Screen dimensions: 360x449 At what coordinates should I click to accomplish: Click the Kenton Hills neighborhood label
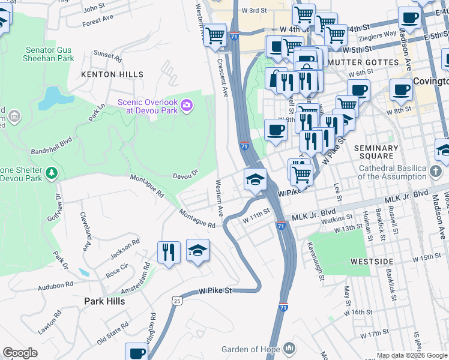tap(113, 74)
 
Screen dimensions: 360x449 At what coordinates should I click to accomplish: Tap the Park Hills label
tap(104, 301)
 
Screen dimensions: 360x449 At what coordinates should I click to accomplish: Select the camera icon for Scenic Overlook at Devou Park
tap(187, 106)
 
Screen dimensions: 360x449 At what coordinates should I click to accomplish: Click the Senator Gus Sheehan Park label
tap(50, 54)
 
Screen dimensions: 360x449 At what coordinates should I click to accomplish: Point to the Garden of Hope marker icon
tap(289, 349)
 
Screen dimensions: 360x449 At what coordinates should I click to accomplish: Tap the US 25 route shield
tap(175, 299)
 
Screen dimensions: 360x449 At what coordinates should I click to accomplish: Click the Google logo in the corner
tap(20, 353)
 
